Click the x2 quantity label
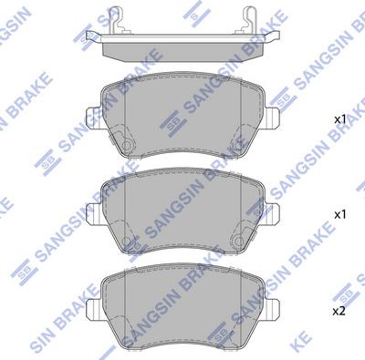coord(339,311)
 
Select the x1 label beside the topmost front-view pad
coord(340,119)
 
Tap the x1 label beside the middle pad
coord(340,215)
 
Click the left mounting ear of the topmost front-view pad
coord(94,118)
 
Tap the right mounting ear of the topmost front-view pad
coord(272,118)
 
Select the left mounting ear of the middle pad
coord(94,214)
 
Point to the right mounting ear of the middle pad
coord(272,214)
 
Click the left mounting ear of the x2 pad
coord(94,309)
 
